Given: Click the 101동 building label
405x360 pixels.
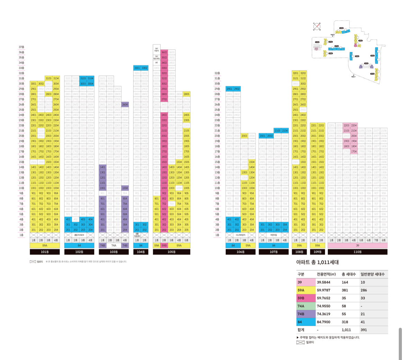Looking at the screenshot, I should (45, 252).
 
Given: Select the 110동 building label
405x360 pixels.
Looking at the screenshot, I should (357, 252).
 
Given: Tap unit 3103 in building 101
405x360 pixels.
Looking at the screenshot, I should (48, 78).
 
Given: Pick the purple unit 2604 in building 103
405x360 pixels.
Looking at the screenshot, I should (125, 104).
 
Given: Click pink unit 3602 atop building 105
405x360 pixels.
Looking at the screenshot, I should (164, 52).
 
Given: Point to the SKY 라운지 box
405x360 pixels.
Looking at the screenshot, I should (156, 50).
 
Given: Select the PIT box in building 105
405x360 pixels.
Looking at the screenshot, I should (156, 63).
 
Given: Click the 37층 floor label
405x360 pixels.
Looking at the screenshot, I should (21, 47).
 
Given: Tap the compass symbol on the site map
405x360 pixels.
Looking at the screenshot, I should (316, 26).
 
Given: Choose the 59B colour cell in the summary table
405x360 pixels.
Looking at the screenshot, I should (306, 298).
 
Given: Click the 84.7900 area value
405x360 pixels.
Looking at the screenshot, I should (323, 322).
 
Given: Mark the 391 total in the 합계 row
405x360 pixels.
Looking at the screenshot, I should (364, 330).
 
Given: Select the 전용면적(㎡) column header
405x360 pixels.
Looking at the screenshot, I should (326, 274).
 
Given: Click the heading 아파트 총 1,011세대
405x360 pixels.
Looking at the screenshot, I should (317, 262).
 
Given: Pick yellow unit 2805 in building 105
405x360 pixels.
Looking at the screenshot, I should (187, 94).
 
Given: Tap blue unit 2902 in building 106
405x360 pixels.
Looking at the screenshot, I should (237, 89).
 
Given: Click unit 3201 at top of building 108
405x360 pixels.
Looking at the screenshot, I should (296, 73).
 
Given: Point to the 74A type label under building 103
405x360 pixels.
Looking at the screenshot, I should (114, 245).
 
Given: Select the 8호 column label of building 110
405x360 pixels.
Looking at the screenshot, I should (384, 240).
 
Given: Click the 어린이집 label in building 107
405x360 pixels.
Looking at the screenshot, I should (274, 235).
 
